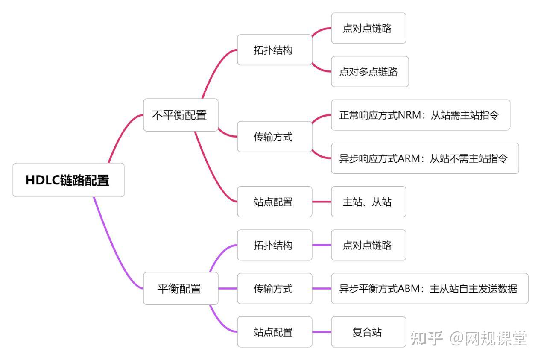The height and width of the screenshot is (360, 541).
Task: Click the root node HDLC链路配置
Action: click(68, 180)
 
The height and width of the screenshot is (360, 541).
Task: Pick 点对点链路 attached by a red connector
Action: click(368, 28)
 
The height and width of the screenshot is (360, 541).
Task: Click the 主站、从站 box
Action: click(368, 202)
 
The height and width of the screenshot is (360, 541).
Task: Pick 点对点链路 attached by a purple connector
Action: click(368, 245)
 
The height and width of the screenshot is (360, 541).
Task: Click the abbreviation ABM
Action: click(409, 289)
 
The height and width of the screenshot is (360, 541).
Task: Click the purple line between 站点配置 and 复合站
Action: click(322, 332)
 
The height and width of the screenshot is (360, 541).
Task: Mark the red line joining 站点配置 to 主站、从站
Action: click(322, 202)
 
